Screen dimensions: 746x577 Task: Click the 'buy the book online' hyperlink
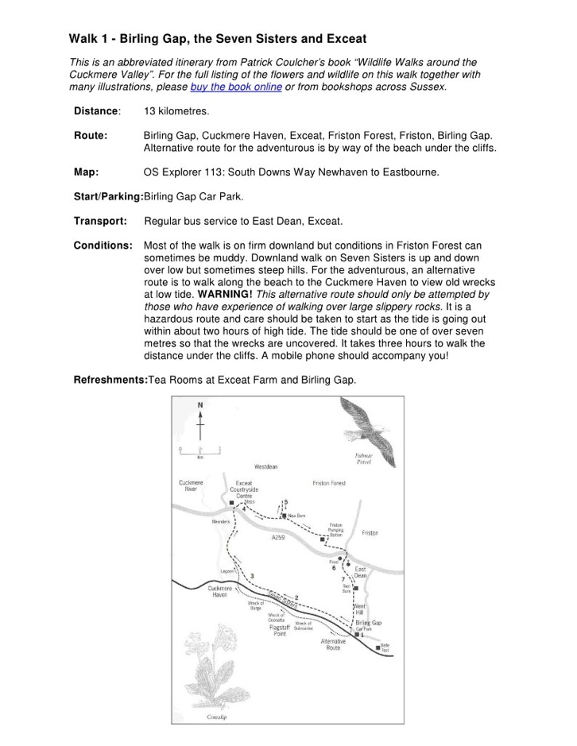tap(236, 87)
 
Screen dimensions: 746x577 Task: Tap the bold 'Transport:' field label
tap(100, 220)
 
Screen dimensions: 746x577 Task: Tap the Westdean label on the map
tap(265, 466)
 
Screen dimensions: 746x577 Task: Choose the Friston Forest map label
tap(329, 483)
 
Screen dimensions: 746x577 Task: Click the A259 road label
tap(277, 538)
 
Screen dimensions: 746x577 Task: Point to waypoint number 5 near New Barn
tap(286, 502)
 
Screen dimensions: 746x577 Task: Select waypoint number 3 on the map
tap(253, 575)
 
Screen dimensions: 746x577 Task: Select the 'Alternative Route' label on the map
tap(332, 644)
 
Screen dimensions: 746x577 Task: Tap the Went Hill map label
tap(359, 609)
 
